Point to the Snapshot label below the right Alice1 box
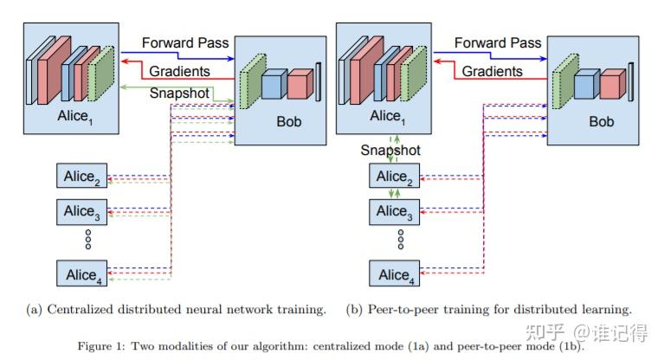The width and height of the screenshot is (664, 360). (391, 150)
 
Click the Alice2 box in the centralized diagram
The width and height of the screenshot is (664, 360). (82, 177)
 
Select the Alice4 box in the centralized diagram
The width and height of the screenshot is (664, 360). (82, 274)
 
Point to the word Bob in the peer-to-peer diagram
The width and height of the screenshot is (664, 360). (601, 121)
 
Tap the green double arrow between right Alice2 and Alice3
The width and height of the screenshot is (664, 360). (395, 194)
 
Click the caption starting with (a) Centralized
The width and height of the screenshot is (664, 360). (176, 308)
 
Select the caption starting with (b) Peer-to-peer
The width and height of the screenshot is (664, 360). (490, 308)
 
